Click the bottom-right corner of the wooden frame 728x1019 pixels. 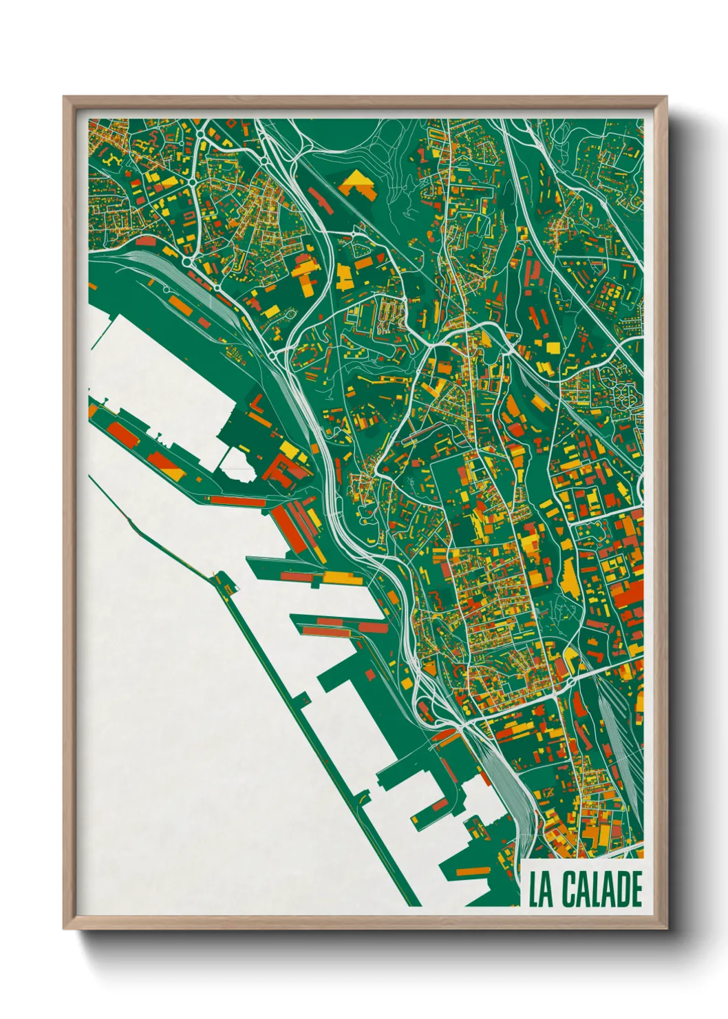click(x=666, y=928)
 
